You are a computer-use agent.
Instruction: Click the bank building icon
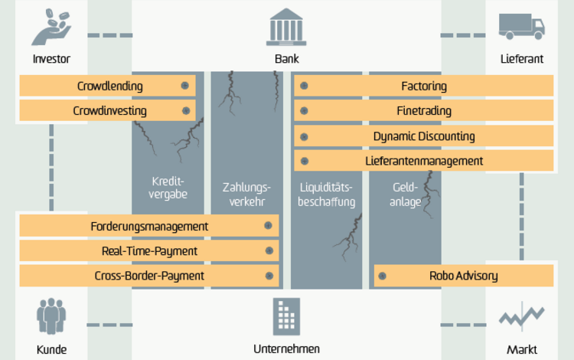286,27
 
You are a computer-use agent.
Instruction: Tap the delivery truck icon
522,26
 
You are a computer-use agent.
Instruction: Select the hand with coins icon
51,28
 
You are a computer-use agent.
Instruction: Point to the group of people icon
51,316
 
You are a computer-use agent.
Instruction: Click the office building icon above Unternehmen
286,317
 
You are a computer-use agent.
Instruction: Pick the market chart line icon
522,316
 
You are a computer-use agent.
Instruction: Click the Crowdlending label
109,86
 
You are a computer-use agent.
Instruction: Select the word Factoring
424,87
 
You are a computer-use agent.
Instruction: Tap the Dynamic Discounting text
424,136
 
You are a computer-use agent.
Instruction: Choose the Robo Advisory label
464,276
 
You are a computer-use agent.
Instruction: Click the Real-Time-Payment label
149,251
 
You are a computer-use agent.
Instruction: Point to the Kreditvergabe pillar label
168,188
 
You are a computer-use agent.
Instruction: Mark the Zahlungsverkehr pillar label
246,195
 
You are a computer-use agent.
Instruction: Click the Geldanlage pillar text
405,195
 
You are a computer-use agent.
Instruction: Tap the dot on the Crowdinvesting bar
186,110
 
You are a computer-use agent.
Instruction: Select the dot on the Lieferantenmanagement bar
304,161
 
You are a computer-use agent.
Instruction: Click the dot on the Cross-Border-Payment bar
269,276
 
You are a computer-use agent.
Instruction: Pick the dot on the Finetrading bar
304,110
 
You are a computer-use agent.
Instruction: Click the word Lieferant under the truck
522,59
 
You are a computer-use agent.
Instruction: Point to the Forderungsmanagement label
149,227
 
